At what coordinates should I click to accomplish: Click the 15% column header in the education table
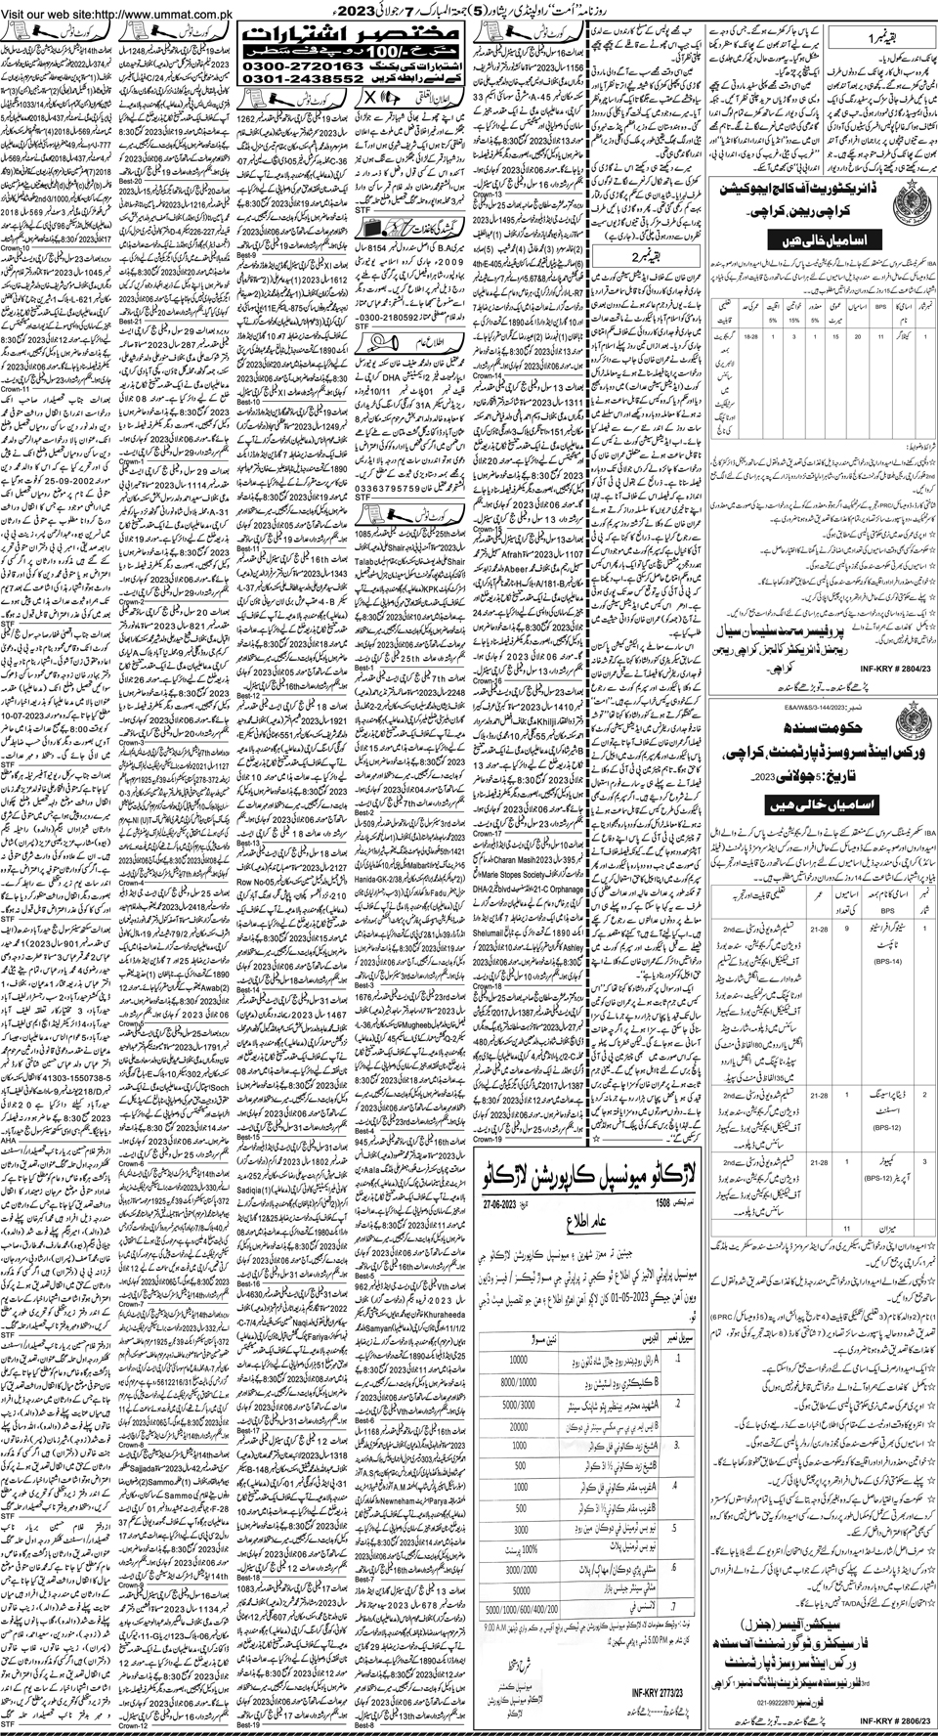[791, 316]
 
